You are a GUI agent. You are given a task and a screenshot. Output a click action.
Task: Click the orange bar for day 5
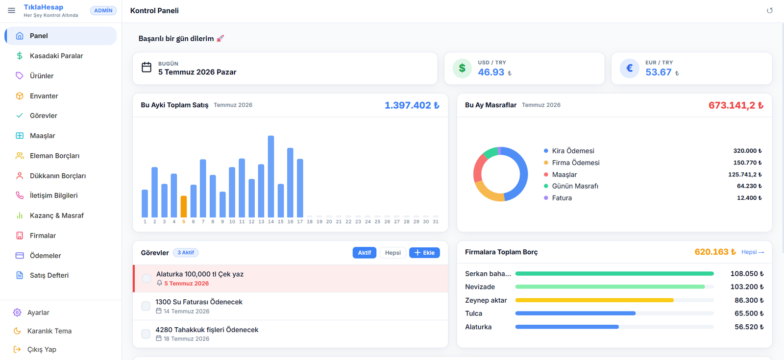(x=183, y=207)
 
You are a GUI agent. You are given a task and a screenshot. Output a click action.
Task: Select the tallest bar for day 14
(x=271, y=177)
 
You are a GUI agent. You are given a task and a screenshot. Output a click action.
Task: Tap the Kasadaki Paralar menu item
(x=56, y=56)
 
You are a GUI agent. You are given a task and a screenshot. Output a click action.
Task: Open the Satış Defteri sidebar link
(x=49, y=275)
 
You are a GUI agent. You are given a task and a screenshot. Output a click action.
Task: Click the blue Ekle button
(x=424, y=253)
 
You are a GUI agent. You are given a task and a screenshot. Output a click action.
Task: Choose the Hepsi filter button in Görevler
(x=392, y=253)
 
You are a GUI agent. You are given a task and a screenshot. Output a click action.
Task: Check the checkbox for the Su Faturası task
(x=146, y=306)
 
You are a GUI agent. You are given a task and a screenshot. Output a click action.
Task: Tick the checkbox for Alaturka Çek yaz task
(x=147, y=279)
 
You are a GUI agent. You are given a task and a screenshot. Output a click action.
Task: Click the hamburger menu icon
(x=12, y=10)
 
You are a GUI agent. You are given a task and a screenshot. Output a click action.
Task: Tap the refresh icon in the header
(x=770, y=10)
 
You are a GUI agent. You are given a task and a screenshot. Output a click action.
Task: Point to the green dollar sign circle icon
(x=462, y=68)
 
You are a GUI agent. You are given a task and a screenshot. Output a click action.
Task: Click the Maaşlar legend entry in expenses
(x=564, y=174)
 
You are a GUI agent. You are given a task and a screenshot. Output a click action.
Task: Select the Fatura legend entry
(x=562, y=198)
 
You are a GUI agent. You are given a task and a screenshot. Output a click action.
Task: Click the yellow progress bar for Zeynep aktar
(x=594, y=300)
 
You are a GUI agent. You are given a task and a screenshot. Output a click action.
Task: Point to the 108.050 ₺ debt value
(x=747, y=274)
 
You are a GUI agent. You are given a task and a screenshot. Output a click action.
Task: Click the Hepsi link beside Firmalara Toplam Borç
(x=753, y=252)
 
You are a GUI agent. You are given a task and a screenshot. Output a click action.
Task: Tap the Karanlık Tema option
(x=49, y=331)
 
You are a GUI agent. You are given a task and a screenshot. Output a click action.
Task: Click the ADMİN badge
(x=103, y=10)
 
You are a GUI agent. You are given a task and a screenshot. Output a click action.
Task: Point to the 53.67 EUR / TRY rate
(x=659, y=72)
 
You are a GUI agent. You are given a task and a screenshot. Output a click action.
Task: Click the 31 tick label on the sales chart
(x=436, y=221)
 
